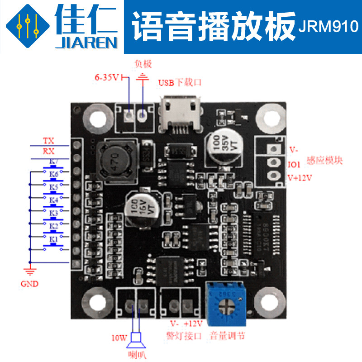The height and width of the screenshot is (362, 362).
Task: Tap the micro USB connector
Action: (180, 114)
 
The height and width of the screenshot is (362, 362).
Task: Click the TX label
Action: (48, 141)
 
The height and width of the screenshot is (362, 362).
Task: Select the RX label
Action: (48, 151)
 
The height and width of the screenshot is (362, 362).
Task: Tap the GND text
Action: (30, 284)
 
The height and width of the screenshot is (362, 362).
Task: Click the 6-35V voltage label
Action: (107, 77)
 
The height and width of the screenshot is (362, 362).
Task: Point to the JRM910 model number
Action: (328, 28)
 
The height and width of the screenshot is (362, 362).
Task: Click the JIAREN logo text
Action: (86, 43)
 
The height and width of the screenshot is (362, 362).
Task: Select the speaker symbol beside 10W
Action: (135, 338)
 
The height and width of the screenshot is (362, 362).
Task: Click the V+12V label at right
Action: (300, 178)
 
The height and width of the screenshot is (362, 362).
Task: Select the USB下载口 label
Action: (179, 83)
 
